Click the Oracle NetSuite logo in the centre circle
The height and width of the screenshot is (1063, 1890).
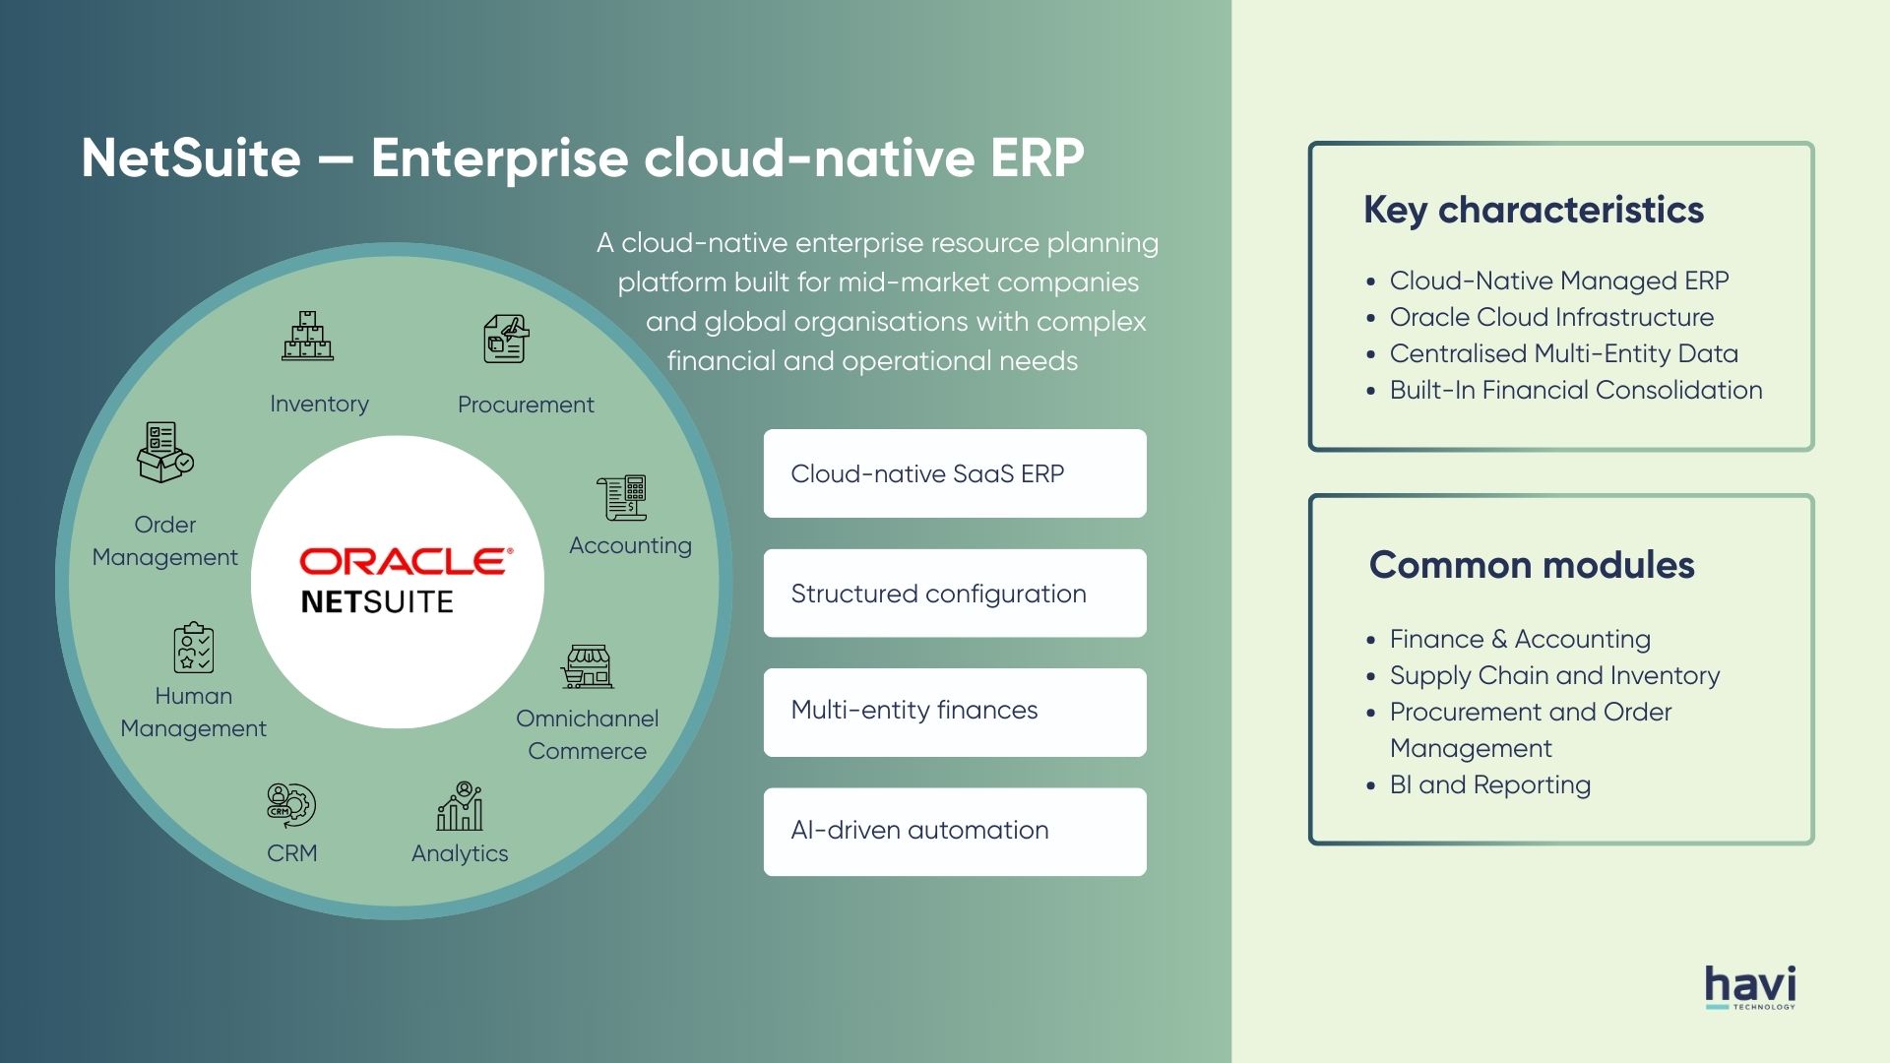[406, 581]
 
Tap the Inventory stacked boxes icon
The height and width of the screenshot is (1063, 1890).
[308, 336]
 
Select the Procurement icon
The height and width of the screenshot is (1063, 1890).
[506, 339]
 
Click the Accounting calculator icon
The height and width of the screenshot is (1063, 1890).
[621, 497]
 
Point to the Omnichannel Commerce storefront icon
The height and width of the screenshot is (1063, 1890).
[588, 666]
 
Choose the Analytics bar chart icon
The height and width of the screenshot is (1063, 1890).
[460, 806]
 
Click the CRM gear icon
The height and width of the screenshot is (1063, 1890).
[291, 805]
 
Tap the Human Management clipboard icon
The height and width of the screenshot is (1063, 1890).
[194, 648]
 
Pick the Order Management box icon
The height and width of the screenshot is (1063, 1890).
[164, 452]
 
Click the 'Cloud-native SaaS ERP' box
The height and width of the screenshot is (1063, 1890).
[955, 473]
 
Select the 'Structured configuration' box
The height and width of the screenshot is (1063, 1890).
[955, 594]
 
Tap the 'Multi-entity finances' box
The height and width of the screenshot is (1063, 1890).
[955, 713]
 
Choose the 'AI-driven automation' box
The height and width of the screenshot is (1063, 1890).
[955, 832]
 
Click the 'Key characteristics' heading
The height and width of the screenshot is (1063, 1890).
[1534, 211]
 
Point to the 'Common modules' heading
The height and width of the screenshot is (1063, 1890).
[1532, 565]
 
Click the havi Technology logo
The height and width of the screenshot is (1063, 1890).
[1750, 987]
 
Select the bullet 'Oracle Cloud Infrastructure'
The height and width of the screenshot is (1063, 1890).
[1551, 317]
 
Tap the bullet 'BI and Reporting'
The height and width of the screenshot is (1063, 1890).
[1490, 784]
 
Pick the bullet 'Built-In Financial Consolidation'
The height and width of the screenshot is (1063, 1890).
[1576, 390]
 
